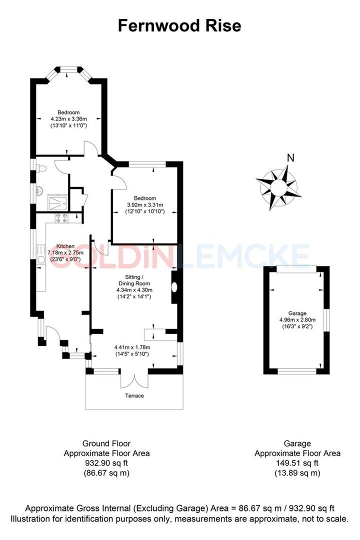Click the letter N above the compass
click(x=290, y=158)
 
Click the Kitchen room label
click(x=65, y=246)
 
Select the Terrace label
click(x=134, y=395)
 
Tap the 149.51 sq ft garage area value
click(x=297, y=463)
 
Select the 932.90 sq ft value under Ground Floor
click(x=106, y=463)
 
